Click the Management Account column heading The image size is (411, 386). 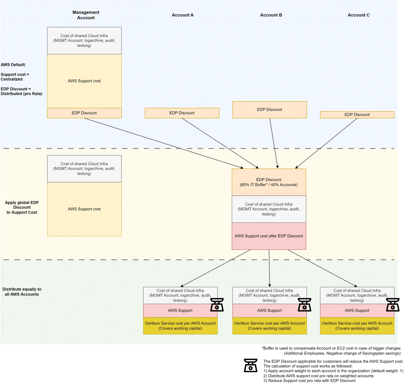coord(86,15)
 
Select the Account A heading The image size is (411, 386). coord(183,15)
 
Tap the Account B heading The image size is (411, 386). coord(271,15)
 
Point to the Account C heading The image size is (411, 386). coord(359,15)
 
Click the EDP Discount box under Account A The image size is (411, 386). coord(182,113)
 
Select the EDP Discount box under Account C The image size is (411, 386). coord(357,115)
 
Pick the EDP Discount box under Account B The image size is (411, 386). coord(269,110)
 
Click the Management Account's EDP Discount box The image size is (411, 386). coord(84,113)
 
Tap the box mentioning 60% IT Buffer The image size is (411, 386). coord(269,182)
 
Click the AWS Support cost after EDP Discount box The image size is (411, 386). coord(269,236)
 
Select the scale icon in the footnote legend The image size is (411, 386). coord(250,365)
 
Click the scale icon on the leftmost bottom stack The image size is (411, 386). coord(217,305)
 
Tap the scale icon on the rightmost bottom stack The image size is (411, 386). coord(393,305)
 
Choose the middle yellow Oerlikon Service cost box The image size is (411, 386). coord(269,326)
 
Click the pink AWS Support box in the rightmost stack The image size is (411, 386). coord(357,311)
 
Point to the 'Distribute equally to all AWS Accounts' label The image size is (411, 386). coord(22,292)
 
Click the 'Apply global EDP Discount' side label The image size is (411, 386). coord(22,207)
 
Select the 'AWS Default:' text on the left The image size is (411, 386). coord(13,65)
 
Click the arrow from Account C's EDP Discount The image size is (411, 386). coord(326,143)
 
